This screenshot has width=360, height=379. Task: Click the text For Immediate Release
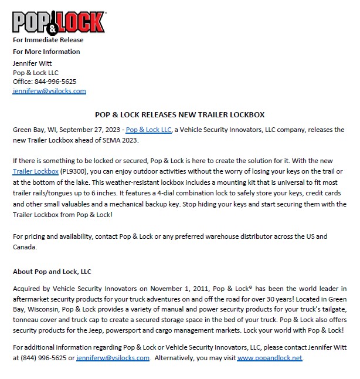48,40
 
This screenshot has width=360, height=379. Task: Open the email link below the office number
49,91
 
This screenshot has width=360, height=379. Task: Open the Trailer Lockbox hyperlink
35,171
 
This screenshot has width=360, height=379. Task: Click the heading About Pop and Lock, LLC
52,272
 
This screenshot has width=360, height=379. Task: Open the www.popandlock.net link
270,358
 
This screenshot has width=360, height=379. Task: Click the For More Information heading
46,52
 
